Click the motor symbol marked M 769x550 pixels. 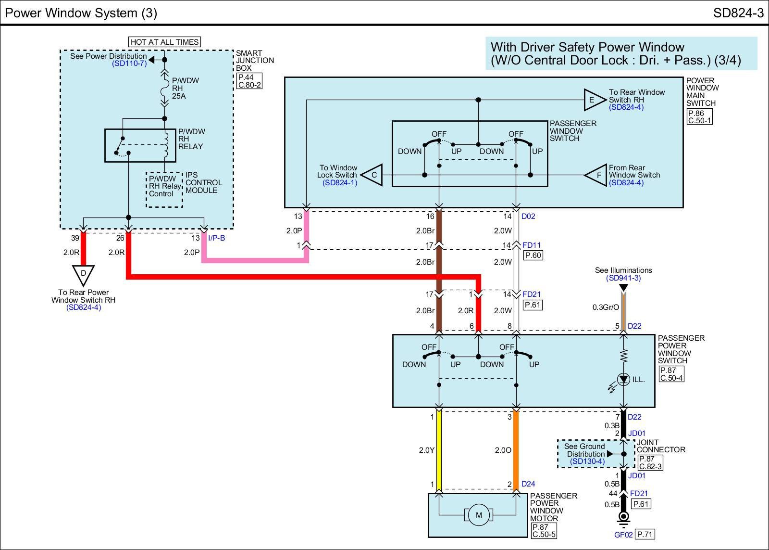tap(478, 515)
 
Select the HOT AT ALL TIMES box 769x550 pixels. tap(164, 42)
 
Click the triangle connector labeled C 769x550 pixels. tap(372, 175)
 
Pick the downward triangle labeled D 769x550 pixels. tap(83, 274)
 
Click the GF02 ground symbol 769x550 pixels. tap(623, 517)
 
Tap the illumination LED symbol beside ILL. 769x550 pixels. tap(623, 380)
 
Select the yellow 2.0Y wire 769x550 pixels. tap(438, 450)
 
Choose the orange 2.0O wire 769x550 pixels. tap(516, 450)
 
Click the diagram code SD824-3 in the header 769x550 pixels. tap(738, 13)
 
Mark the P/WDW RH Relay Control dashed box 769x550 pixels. tap(164, 190)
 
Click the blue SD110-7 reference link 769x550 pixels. tap(129, 64)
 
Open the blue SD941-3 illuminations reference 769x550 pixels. tap(623, 278)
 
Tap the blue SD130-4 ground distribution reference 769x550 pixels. tap(587, 461)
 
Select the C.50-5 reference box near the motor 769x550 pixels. tap(544, 534)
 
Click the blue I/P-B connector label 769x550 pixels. tap(216, 238)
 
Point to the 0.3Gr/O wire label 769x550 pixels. tap(606, 307)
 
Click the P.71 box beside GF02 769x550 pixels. tap(645, 534)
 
